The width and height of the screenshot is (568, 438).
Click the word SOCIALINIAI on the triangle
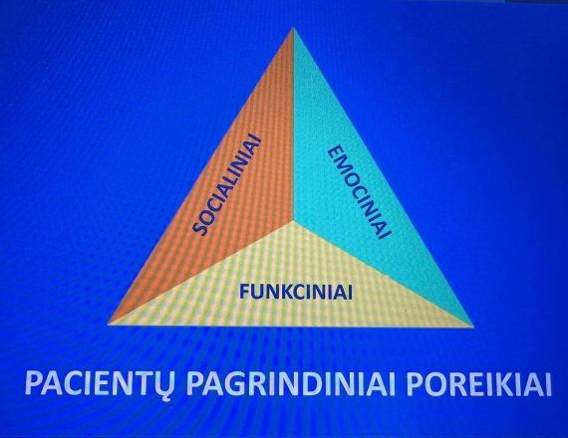(x=228, y=184)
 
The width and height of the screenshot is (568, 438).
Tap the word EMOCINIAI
(x=360, y=192)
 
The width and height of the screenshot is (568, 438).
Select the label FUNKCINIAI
(x=296, y=292)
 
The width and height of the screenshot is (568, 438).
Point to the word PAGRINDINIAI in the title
(x=291, y=383)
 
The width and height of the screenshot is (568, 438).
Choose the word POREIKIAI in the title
(x=478, y=383)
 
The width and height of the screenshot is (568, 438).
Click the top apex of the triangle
(x=293, y=28)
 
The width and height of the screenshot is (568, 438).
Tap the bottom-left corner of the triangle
(x=109, y=325)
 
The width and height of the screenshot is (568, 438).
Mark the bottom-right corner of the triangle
(x=473, y=327)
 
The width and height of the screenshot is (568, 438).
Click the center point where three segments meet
(x=293, y=220)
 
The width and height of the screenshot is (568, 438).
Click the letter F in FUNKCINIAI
(x=244, y=292)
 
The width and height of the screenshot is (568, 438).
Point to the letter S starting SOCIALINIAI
(x=200, y=228)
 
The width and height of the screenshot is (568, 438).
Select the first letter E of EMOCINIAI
(x=336, y=153)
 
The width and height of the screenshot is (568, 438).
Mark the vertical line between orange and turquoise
(x=293, y=123)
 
